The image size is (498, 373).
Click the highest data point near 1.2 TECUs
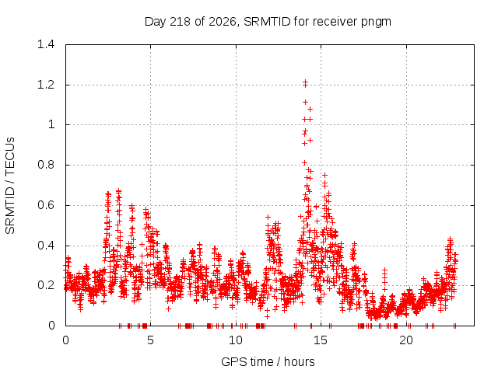pyautogui.click(x=305, y=82)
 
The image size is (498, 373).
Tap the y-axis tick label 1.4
pyautogui.click(x=46, y=44)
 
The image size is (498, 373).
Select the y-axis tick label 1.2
pyautogui.click(x=46, y=85)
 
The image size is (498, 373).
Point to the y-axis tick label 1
pyautogui.click(x=51, y=124)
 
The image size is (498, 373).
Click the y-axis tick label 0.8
pyautogui.click(x=46, y=165)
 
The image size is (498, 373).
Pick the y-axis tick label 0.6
pyautogui.click(x=46, y=205)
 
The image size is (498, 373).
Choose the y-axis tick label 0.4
pyautogui.click(x=46, y=246)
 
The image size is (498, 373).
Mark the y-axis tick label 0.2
pyautogui.click(x=46, y=285)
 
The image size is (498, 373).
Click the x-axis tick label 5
pyautogui.click(x=150, y=340)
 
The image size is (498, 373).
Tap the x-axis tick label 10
pyautogui.click(x=236, y=340)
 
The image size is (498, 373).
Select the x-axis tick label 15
pyautogui.click(x=321, y=340)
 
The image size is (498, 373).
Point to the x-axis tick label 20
pyautogui.click(x=406, y=340)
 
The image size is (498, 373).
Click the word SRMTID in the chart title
pyautogui.click(x=267, y=22)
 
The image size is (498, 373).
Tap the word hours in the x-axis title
pyautogui.click(x=299, y=361)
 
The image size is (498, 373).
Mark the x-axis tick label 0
pyautogui.click(x=65, y=340)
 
